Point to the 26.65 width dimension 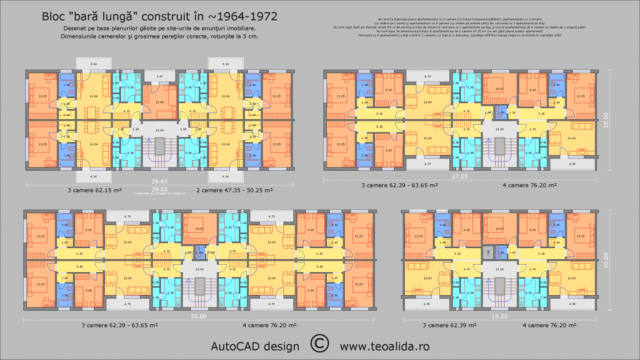(160, 181)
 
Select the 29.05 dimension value (160, 189)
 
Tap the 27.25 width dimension (460, 176)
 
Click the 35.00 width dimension (198, 316)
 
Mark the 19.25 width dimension (500, 316)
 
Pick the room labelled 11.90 (160, 102)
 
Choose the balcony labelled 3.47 (160, 76)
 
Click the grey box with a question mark (488, 253)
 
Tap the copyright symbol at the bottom (319, 343)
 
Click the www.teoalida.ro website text (385, 347)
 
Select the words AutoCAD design (255, 347)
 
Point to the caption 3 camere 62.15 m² (95, 190)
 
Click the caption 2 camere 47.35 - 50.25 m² (235, 190)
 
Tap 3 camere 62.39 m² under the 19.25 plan (450, 325)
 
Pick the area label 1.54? (211, 252)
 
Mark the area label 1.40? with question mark (200, 252)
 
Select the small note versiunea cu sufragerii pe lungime (160, 193)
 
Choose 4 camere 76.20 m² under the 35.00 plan (270, 325)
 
